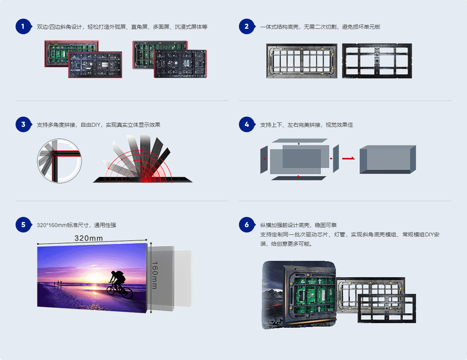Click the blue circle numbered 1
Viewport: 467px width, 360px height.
23,26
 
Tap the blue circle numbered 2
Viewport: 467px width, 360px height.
247,26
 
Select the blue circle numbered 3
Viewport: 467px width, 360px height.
23,124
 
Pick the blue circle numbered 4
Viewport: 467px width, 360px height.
247,124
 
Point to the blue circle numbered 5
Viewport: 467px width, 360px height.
23,225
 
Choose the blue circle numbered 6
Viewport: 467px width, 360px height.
247,225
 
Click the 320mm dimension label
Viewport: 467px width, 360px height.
89,238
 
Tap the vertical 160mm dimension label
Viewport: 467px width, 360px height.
155,275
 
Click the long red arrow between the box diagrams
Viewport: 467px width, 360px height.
348,159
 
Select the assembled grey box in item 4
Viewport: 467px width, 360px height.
388,159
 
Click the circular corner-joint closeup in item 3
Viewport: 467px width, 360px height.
59,161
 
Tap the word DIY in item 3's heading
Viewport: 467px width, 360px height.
96,125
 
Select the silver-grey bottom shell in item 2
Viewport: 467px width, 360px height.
302,61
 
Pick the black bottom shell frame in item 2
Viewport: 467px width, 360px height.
377,61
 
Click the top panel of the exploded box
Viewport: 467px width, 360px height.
300,141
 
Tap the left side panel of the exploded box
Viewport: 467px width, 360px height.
264,159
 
